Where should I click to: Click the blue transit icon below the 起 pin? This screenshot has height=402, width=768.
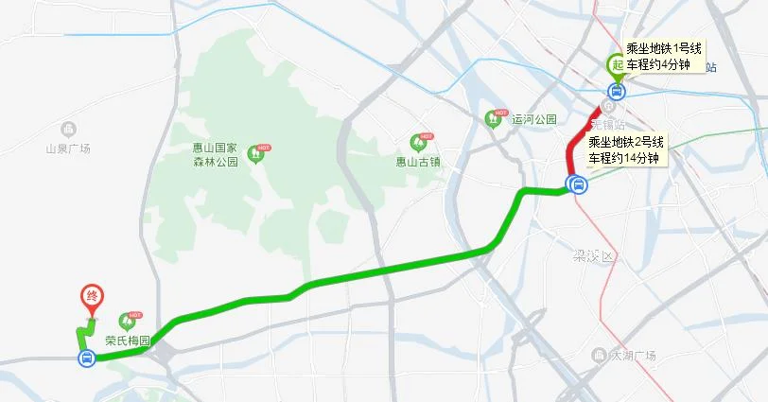[x=616, y=91]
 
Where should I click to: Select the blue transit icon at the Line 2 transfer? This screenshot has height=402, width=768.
[x=577, y=184]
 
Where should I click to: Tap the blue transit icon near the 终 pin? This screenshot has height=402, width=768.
[x=86, y=358]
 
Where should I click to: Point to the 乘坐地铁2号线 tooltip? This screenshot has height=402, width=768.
[x=627, y=149]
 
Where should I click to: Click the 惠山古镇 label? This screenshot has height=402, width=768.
[x=417, y=162]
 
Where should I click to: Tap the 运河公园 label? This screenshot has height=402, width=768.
[x=534, y=120]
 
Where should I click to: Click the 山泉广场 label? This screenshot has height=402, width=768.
[x=67, y=149]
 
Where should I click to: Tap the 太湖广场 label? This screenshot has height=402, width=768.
[x=633, y=357]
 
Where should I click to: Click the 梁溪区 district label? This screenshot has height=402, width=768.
[x=594, y=257]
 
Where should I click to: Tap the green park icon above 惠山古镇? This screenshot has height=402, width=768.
[x=417, y=143]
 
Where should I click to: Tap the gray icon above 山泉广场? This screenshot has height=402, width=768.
[x=67, y=130]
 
